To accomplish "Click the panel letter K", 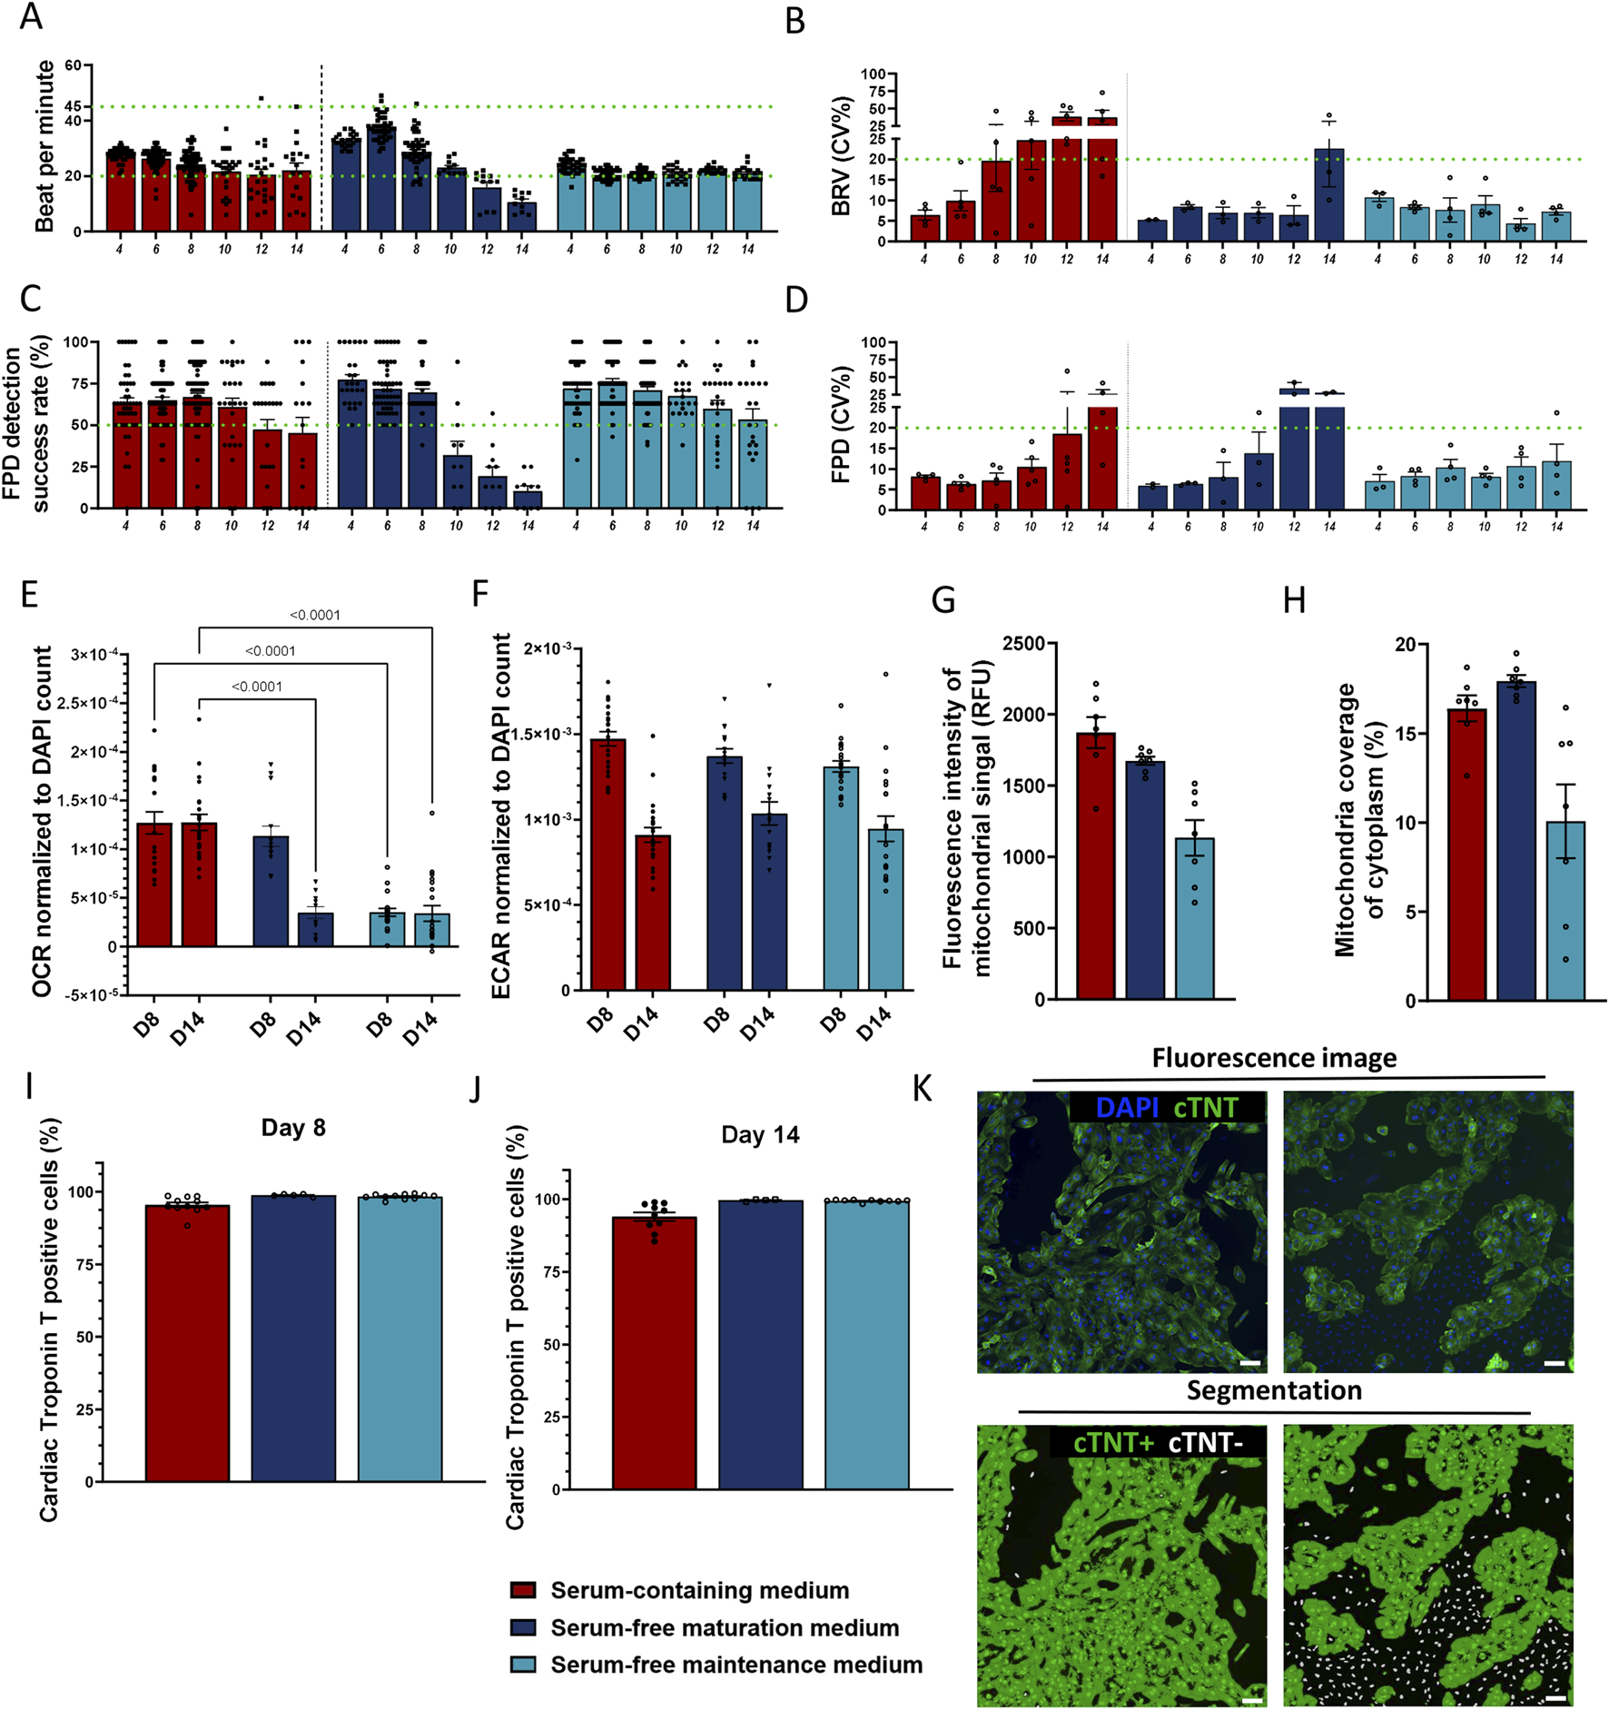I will pos(923,1089).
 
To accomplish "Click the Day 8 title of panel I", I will pos(292,1128).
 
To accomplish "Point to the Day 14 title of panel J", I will pos(760,1135).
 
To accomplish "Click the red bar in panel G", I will pos(1096,872).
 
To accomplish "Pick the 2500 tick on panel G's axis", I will pos(1023,644).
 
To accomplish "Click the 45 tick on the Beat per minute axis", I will pos(73,107).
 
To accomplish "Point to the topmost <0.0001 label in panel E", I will pos(315,616).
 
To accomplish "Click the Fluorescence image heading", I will pos(1274,1058).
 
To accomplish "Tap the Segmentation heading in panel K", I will pos(1274,1390).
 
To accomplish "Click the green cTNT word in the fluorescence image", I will pos(1206,1108).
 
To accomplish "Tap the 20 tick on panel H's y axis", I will pos(1405,645).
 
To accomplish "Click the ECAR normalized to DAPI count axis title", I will pos(501,817).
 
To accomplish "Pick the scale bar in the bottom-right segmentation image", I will pos(1555,1698).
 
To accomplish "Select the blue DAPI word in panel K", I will pos(1127,1108).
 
